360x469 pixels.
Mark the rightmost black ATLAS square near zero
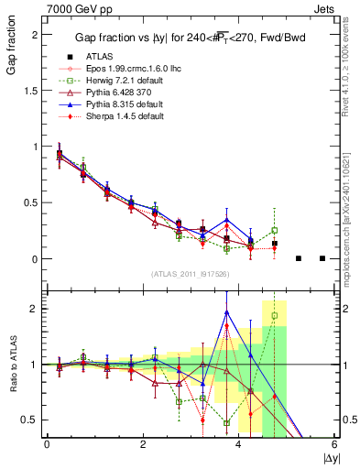pos(322,258)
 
